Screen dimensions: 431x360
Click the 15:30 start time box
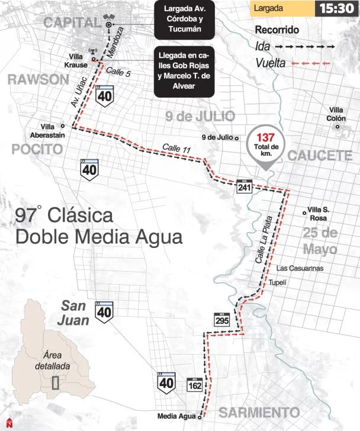click(335, 9)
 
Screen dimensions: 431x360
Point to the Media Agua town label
click(176, 416)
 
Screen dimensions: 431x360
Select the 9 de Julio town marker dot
click(236, 139)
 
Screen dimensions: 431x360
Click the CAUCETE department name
click(320, 156)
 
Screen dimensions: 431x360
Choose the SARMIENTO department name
click(257, 412)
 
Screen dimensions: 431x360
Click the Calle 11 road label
click(176, 148)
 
